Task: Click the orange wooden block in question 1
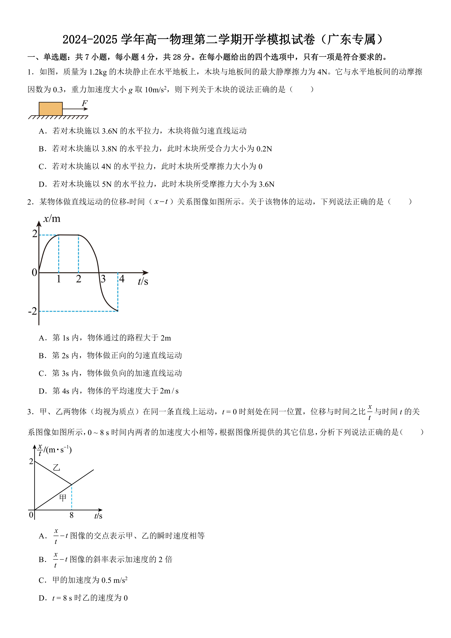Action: [x=51, y=109]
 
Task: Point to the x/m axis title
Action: [x=52, y=219]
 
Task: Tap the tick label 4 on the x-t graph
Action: [x=122, y=279]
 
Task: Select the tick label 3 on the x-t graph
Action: [x=103, y=279]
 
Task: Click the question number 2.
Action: [x=30, y=202]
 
